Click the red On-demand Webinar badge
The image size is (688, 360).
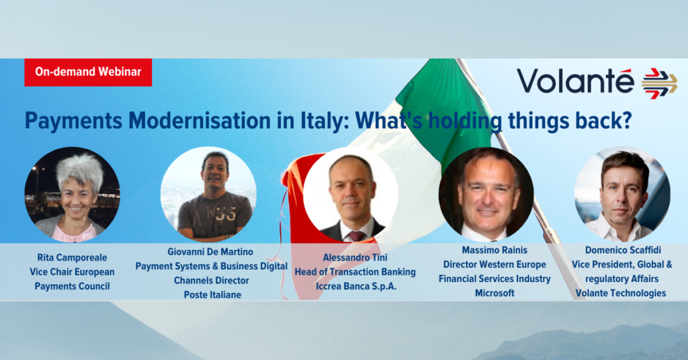[88, 72]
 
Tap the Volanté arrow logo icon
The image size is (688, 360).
[660, 83]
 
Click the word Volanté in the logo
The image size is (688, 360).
[575, 81]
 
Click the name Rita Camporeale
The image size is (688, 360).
[72, 257]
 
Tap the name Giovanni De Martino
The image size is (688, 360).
[210, 252]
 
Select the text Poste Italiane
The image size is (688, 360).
[212, 295]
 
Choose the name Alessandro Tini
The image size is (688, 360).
[355, 257]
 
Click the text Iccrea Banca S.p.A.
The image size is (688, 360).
[356, 286]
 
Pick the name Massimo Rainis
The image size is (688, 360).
[494, 250]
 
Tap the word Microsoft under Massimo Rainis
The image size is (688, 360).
[494, 293]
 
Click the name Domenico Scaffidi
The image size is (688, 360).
[623, 250]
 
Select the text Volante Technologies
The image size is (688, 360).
[621, 293]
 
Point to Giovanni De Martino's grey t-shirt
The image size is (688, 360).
[214, 215]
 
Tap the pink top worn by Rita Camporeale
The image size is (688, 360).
[74, 232]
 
